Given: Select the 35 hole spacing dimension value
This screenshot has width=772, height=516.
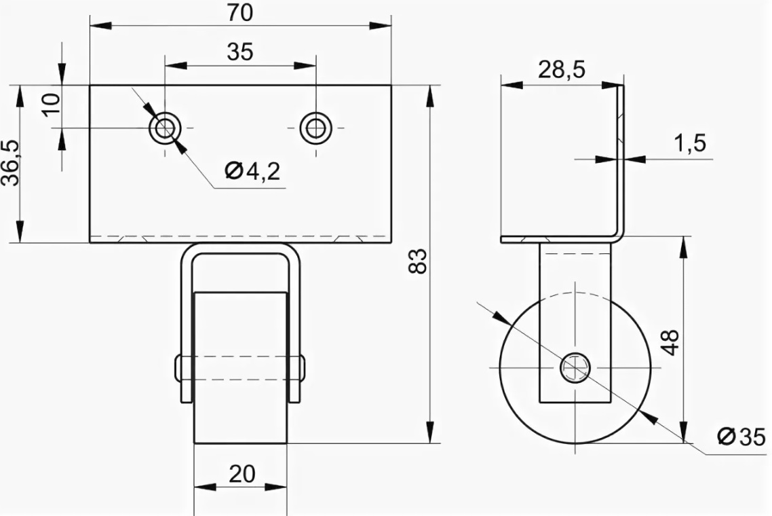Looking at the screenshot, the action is (x=239, y=51).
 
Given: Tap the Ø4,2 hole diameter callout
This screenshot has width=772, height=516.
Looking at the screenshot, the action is (x=252, y=171).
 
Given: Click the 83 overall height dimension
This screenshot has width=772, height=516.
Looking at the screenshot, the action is (x=417, y=261).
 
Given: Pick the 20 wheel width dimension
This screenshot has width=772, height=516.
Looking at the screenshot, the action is (x=242, y=474).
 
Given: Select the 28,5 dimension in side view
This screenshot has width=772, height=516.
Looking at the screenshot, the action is (x=561, y=69).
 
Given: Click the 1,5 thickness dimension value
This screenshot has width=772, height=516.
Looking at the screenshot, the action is (x=690, y=143).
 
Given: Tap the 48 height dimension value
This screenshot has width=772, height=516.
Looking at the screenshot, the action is (x=670, y=342).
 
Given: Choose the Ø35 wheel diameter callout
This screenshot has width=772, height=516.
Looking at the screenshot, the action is (x=741, y=437).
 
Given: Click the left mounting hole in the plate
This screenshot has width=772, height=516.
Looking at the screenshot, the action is (x=165, y=128).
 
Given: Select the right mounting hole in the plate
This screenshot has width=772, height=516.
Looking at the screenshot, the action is (x=315, y=128).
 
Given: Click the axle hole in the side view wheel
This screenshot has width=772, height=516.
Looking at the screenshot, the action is (x=575, y=367).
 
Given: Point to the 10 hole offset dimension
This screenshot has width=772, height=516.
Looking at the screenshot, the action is (x=52, y=104).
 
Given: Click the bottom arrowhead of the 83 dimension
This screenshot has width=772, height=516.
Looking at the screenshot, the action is (x=431, y=432).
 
